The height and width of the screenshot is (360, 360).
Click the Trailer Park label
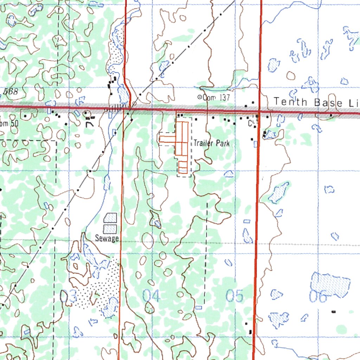pyautogui.click(x=212, y=143)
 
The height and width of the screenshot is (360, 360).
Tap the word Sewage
pyautogui.click(x=107, y=238)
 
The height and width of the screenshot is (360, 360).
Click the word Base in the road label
pyautogui.click(x=328, y=102)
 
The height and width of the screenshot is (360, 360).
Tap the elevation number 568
pyautogui.click(x=11, y=91)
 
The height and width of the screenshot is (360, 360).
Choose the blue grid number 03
pyautogui.click(x=69, y=297)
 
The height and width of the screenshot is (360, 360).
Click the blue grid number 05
pyautogui.click(x=234, y=296)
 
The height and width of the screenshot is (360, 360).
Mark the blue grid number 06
pyautogui.click(x=318, y=296)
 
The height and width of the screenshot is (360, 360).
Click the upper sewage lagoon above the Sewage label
pyautogui.click(x=110, y=218)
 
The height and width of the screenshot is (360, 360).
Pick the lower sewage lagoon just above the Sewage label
pyautogui.click(x=110, y=229)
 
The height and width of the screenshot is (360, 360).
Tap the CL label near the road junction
pyautogui.click(x=251, y=123)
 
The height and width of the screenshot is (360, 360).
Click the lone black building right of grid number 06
pyautogui.click(x=334, y=311)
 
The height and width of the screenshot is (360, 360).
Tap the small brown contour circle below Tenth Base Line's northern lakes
pyautogui.click(x=291, y=75)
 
